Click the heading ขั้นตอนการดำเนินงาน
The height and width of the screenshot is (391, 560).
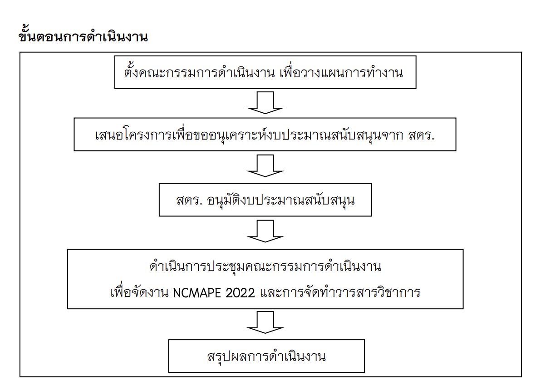click(x=83, y=35)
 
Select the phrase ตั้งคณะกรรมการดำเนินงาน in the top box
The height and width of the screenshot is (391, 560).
click(x=199, y=72)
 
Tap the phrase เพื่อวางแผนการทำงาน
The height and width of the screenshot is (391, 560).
click(x=341, y=72)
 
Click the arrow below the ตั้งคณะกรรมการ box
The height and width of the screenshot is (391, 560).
click(x=265, y=103)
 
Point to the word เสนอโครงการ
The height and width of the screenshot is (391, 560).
click(x=133, y=135)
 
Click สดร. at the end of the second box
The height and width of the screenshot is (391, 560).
click(x=422, y=135)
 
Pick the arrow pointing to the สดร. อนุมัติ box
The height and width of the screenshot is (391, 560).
click(x=265, y=166)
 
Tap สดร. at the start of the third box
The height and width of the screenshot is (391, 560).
click(x=189, y=201)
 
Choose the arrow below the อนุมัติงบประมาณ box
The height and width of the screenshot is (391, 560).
click(x=265, y=231)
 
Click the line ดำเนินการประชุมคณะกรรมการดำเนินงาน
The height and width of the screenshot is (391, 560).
click(x=265, y=266)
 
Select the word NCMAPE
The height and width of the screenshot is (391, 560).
click(x=197, y=292)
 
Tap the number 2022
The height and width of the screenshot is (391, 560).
click(x=240, y=292)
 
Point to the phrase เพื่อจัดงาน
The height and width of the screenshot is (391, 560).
click(x=139, y=291)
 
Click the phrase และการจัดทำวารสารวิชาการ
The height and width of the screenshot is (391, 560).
click(x=340, y=291)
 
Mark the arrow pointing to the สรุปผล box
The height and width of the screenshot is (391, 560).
click(x=265, y=322)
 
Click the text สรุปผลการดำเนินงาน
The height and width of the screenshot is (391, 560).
click(x=266, y=356)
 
